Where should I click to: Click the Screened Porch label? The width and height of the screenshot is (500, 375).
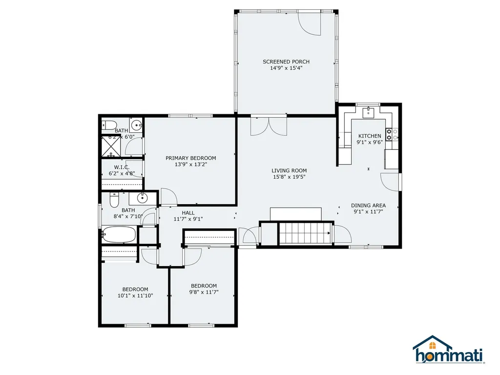[286, 62]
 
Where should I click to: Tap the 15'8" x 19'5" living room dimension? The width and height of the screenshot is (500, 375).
[289, 177]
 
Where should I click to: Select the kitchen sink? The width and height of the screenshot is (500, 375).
[369, 113]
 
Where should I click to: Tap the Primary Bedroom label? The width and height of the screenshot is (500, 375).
[190, 158]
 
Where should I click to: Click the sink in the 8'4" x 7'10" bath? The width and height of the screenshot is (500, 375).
[143, 198]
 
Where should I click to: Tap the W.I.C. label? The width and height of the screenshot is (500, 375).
[122, 167]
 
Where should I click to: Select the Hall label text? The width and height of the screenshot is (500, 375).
[188, 213]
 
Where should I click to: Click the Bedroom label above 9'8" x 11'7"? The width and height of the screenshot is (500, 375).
[204, 286]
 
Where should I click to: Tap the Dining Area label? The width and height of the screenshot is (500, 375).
[368, 206]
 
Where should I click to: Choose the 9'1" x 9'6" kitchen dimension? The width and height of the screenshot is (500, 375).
[369, 143]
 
